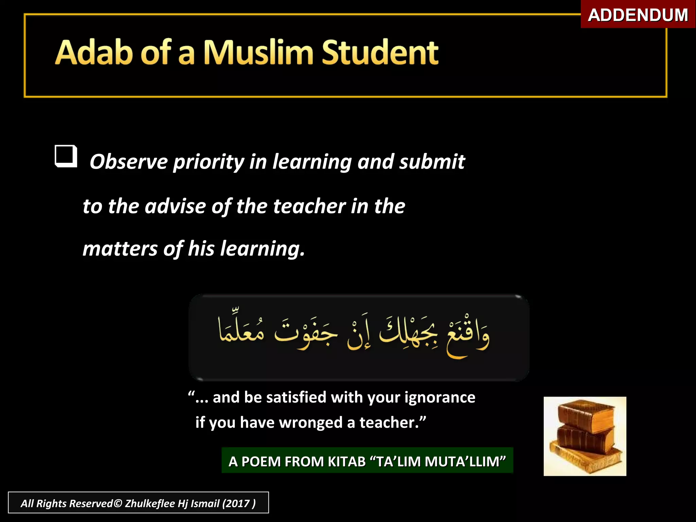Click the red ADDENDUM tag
(638, 15)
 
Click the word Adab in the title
(94, 52)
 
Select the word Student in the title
(380, 52)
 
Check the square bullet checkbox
(66, 156)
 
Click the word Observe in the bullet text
(128, 161)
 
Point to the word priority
(208, 162)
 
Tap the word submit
(432, 161)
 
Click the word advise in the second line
(175, 206)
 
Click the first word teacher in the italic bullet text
(309, 206)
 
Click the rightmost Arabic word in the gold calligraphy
(468, 336)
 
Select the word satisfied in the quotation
(296, 397)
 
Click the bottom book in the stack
(586, 460)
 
